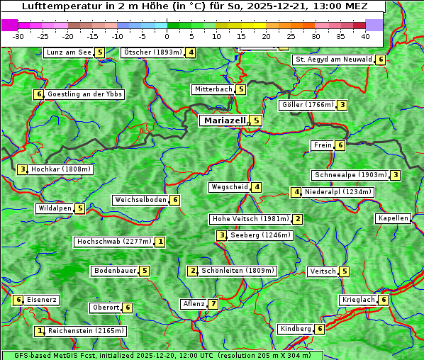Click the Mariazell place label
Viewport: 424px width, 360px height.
pyautogui.click(x=225, y=120)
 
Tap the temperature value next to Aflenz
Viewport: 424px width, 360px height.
pyautogui.click(x=213, y=304)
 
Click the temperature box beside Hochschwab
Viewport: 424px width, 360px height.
pyautogui.click(x=161, y=242)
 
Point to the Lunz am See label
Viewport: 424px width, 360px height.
pyautogui.click(x=69, y=52)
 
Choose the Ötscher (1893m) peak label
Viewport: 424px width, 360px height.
pyautogui.click(x=152, y=52)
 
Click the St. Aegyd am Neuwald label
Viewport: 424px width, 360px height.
pyautogui.click(x=333, y=60)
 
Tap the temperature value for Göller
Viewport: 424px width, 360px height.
pyautogui.click(x=342, y=105)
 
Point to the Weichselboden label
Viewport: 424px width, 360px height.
pyautogui.click(x=140, y=200)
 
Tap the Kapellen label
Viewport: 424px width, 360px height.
pyautogui.click(x=393, y=218)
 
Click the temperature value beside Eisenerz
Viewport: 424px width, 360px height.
pyautogui.click(x=19, y=300)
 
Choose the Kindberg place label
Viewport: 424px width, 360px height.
pyautogui.click(x=296, y=329)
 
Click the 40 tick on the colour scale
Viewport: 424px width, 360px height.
pyautogui.click(x=365, y=35)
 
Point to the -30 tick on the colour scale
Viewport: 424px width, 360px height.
pyautogui.click(x=18, y=35)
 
